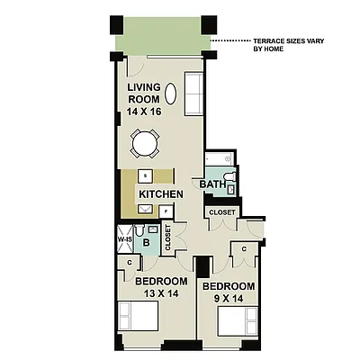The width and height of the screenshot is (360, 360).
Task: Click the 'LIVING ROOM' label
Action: tap(143, 93)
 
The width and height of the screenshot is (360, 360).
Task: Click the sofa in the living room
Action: tap(193, 94)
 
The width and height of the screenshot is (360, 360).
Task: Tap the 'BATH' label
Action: tap(212, 184)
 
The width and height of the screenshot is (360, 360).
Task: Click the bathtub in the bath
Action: tap(220, 163)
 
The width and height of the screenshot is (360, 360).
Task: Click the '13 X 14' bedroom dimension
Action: tap(158, 292)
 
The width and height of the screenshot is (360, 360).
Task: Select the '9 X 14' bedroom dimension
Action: tap(229, 299)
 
